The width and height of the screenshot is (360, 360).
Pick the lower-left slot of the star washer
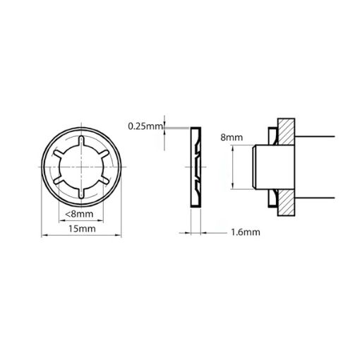click(x=61, y=180)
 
